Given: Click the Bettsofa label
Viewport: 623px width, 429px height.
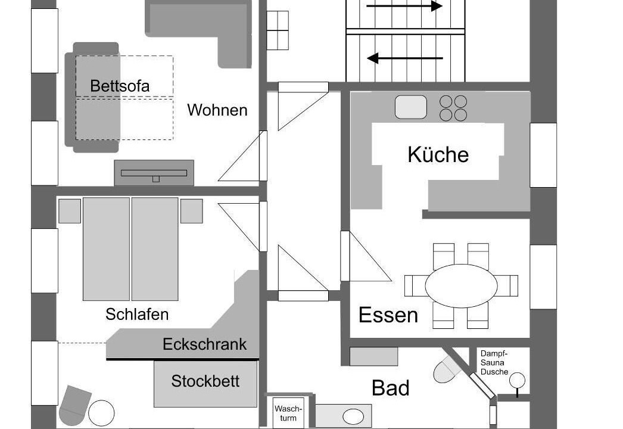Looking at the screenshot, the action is click(120, 86).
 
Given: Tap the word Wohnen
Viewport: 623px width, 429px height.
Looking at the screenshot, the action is click(217, 110).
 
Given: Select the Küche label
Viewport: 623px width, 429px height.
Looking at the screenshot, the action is click(438, 154).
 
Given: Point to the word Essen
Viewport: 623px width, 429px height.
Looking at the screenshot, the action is click(388, 315).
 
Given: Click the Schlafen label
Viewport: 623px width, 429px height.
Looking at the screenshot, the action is click(137, 315).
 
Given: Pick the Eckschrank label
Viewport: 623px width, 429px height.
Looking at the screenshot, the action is click(205, 344).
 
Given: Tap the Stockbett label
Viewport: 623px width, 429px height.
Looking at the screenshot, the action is click(205, 381).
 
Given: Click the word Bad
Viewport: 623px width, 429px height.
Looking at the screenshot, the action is click(391, 388).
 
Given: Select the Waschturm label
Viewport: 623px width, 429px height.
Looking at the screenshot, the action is click(288, 414).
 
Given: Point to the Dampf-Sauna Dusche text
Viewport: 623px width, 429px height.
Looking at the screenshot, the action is click(494, 363).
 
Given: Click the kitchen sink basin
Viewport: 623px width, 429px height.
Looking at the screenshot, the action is click(411, 107).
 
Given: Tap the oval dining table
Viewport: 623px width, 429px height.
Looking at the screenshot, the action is click(461, 286).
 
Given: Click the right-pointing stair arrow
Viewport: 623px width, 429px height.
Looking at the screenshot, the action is click(404, 6).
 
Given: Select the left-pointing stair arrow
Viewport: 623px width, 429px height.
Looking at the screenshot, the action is click(404, 58).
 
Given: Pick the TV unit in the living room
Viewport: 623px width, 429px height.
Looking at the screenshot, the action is click(154, 173).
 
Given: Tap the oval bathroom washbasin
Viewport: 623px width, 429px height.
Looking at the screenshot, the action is click(353, 417).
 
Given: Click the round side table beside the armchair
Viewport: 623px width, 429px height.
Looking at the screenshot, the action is click(101, 413).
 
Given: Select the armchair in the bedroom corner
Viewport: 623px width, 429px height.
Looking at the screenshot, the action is click(74, 405).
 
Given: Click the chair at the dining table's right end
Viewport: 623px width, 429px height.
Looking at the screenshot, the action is click(508, 286).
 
